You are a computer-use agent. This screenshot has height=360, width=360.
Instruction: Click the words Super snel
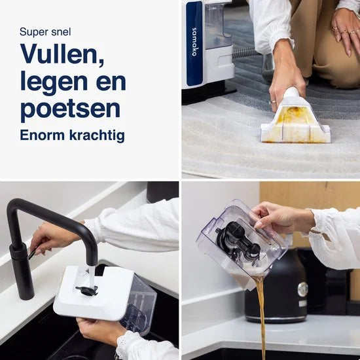45,31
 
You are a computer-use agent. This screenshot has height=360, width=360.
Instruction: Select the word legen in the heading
51,82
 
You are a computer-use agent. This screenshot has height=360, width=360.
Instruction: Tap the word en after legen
109,82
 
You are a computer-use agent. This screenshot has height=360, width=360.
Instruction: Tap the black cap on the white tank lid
86,291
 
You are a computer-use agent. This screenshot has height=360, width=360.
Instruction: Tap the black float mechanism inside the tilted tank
238,243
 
